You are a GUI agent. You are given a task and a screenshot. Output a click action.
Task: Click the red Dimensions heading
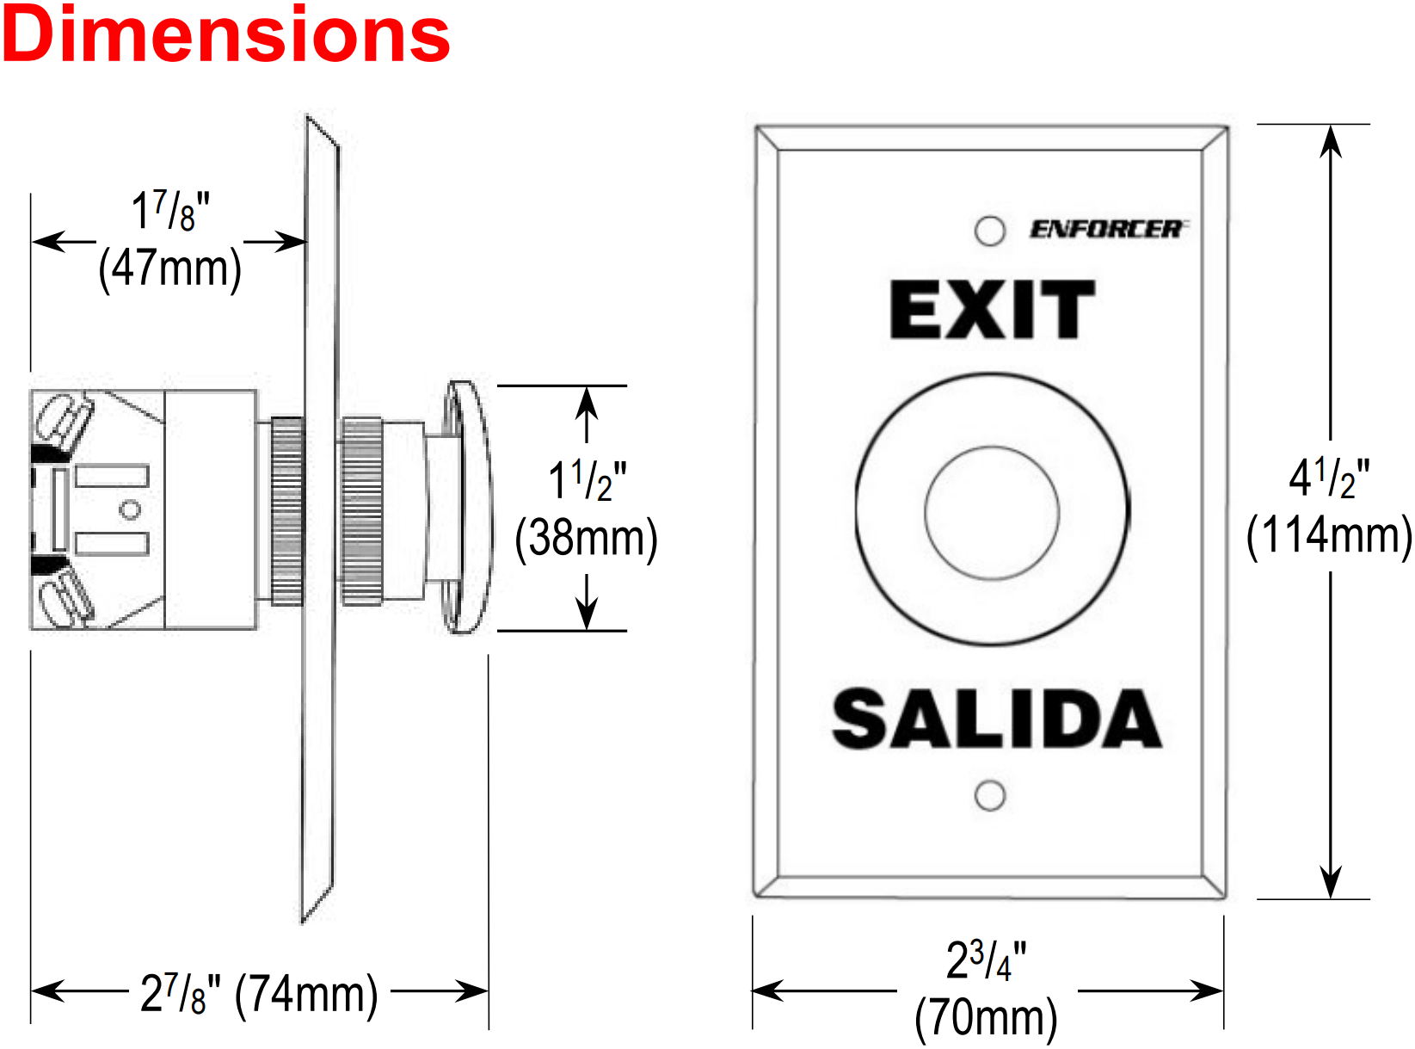tap(226, 35)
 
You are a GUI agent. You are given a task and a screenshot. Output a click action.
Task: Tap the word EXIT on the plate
tap(992, 310)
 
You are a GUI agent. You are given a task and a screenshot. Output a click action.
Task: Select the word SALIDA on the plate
tap(996, 719)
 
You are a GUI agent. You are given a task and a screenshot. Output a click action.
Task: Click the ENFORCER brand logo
tap(1107, 229)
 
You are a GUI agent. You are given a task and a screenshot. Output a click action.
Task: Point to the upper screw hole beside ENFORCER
tap(989, 231)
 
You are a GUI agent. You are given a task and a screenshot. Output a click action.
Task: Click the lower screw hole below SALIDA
tap(989, 796)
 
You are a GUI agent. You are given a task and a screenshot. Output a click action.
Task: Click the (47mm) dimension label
tap(169, 269)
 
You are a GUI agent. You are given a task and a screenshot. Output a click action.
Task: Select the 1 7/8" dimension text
tap(170, 212)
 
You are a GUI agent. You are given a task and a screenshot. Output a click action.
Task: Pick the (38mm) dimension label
tap(586, 539)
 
